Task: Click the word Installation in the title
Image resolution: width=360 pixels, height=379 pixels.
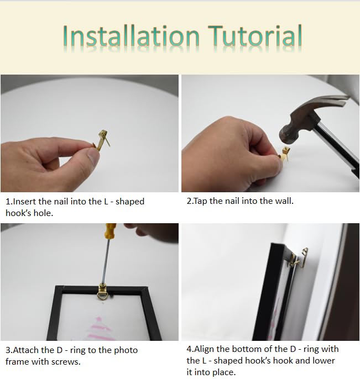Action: coord(131,36)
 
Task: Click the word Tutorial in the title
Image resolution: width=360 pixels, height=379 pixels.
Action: coord(255,35)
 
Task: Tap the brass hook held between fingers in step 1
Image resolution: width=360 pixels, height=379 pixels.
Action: coord(102,140)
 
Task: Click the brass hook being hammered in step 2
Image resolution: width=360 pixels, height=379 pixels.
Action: coord(284,153)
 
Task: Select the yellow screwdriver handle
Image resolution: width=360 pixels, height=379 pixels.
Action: coord(110,230)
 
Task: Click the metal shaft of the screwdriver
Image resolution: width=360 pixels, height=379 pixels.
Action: coord(105,261)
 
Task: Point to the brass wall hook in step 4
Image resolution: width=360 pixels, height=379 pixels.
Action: coord(303,258)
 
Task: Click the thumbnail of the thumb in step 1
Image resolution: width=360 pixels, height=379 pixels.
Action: coord(93,156)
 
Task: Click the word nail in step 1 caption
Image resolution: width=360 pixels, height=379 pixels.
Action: coord(60,201)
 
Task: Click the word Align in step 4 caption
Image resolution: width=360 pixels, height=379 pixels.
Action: coord(204,349)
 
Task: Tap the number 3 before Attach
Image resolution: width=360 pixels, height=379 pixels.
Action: coord(8,350)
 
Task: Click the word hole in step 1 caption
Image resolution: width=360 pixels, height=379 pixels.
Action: coord(43,213)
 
